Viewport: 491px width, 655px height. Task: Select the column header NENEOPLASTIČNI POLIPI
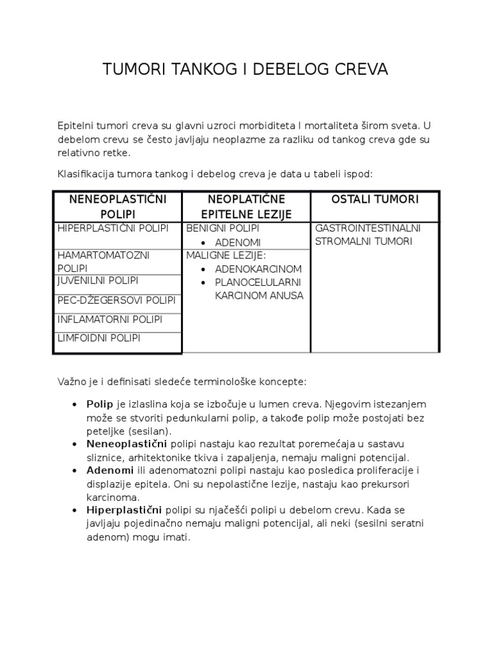118,207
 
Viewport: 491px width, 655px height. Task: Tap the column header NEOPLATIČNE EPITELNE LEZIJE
246,207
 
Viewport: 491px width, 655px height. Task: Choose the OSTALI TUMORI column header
375,200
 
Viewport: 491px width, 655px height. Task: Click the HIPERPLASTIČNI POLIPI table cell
112,228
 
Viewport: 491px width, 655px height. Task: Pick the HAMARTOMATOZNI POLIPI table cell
103,261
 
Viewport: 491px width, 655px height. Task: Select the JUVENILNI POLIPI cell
98,280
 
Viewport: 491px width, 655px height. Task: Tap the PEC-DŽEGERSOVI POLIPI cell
116,300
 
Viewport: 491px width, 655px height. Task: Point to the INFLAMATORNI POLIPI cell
109,319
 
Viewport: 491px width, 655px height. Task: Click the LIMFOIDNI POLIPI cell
98,338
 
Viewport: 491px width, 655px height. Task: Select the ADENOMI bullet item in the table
238,243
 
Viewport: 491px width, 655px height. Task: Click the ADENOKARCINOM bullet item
258,269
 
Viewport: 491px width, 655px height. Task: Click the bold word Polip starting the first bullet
100,405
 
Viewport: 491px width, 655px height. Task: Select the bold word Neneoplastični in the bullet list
127,443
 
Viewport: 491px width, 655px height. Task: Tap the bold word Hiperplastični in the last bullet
125,510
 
